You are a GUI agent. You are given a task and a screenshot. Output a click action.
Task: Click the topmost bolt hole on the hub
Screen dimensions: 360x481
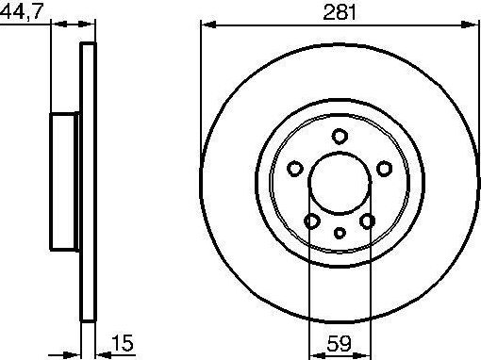pos(339,139)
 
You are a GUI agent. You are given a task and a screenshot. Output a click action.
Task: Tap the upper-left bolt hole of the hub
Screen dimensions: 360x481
pos(294,169)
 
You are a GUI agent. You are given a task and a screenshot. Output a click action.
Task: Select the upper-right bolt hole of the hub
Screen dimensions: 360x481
pos(384,169)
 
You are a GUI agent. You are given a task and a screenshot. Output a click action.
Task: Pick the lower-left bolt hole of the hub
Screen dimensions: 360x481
pos(310,221)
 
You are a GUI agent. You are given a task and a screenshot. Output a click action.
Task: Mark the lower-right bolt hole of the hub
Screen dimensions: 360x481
pos(368,221)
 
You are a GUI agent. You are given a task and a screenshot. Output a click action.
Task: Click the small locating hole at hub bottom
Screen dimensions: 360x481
pos(339,232)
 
